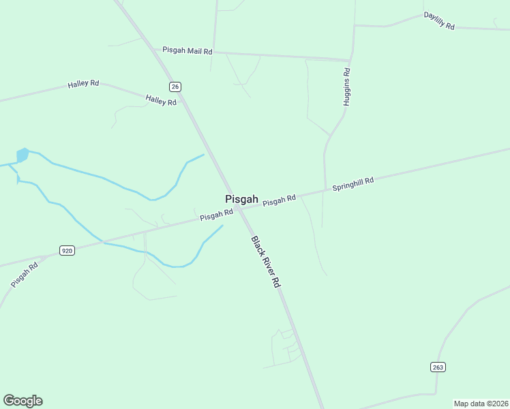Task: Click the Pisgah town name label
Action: (241, 199)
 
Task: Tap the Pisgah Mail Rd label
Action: (187, 50)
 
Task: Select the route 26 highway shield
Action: (175, 86)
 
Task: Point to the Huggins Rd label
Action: (346, 87)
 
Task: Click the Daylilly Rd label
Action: (438, 20)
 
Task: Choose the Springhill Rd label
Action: (353, 183)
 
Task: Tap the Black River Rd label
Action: (265, 262)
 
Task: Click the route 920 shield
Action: (67, 251)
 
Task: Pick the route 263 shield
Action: (438, 367)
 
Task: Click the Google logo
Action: (22, 401)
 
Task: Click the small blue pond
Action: (22, 155)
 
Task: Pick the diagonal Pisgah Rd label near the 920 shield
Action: (25, 274)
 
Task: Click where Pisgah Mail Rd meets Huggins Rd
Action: (350, 60)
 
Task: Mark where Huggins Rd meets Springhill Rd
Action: (325, 192)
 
